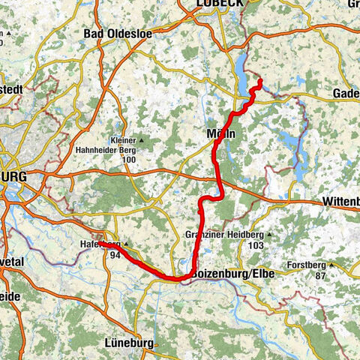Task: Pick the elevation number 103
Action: (256, 245)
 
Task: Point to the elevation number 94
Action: (115, 255)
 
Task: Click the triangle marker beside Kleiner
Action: (139, 140)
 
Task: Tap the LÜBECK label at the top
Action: (219, 4)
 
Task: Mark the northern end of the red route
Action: (259, 80)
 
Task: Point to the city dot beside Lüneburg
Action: (156, 343)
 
